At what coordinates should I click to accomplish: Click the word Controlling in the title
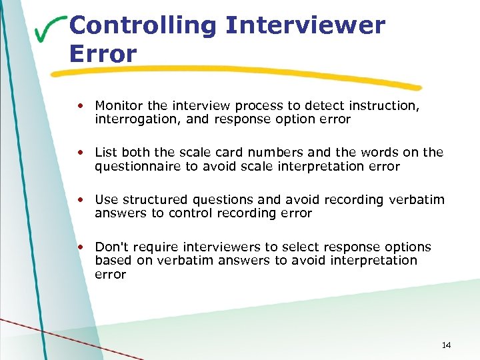point(142,26)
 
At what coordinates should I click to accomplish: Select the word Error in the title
point(103,53)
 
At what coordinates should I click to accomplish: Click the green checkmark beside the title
point(51,30)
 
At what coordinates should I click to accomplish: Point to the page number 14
point(446,345)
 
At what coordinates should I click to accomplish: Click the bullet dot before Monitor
point(79,105)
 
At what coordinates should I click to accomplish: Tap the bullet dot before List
point(79,153)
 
